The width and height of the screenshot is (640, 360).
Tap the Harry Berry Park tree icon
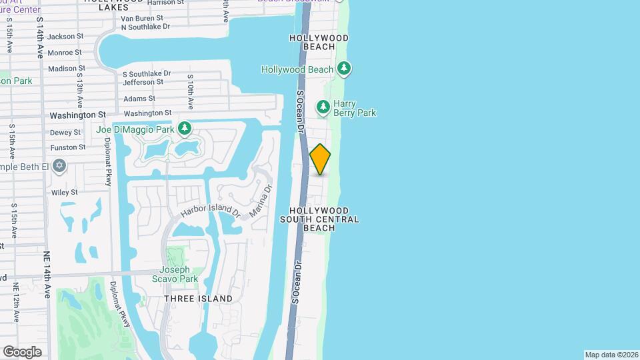pyautogui.click(x=323, y=107)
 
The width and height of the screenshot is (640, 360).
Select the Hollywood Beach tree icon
pyautogui.click(x=344, y=69)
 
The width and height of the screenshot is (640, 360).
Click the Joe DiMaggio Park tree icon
pyautogui.click(x=185, y=128)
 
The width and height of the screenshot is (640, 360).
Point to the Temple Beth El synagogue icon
pyautogui.click(x=59, y=165)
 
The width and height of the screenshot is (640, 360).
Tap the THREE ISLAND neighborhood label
pyautogui.click(x=199, y=299)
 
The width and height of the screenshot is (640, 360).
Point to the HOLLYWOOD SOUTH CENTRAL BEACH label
pyautogui.click(x=319, y=219)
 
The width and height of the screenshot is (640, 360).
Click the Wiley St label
pyautogui.click(x=65, y=192)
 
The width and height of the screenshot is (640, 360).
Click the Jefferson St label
pyautogui.click(x=143, y=82)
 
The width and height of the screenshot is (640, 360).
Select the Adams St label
pyautogui.click(x=138, y=99)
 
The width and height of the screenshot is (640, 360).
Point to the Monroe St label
pyautogui.click(x=65, y=52)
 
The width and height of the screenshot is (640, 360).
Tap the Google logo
pyautogui.click(x=22, y=351)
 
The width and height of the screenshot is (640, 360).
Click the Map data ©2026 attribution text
pyautogui.click(x=611, y=355)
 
